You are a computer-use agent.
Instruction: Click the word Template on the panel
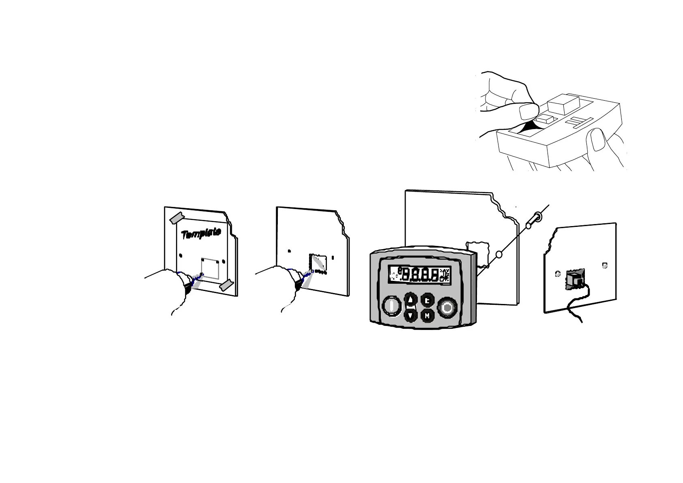pyautogui.click(x=201, y=233)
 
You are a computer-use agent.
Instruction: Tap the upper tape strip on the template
pyautogui.click(x=177, y=218)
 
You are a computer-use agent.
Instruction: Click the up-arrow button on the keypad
pyautogui.click(x=411, y=300)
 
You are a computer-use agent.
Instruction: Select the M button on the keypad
pyautogui.click(x=427, y=315)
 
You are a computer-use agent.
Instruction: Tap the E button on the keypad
pyautogui.click(x=427, y=301)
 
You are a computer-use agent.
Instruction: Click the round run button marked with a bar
pyautogui.click(x=392, y=306)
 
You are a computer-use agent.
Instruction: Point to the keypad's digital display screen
pyautogui.click(x=419, y=275)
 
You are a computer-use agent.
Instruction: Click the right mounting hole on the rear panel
pyautogui.click(x=605, y=265)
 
